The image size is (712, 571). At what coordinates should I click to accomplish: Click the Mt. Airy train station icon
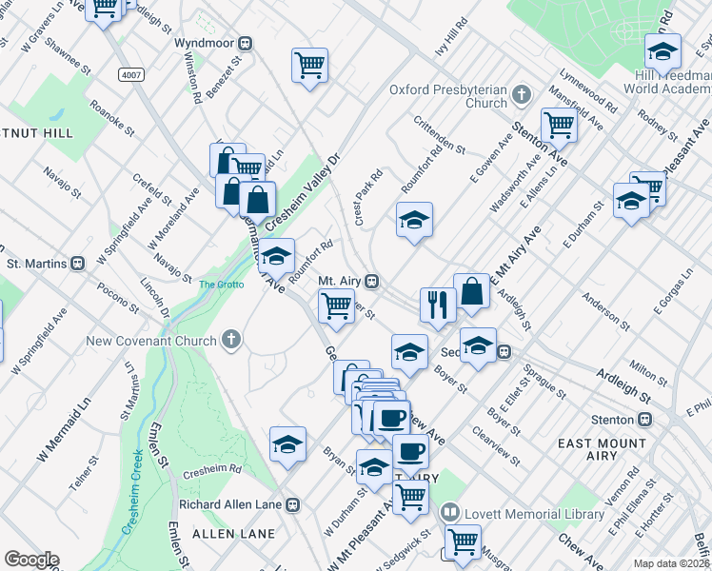[x=374, y=282]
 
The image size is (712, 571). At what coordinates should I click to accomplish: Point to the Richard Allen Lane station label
[x=232, y=504]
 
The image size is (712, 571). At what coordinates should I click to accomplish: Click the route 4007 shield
[x=131, y=73]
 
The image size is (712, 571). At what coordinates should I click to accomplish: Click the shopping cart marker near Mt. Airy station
[x=336, y=306]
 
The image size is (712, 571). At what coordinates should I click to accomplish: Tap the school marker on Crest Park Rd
[x=414, y=220]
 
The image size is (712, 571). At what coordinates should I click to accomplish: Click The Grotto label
[x=221, y=284]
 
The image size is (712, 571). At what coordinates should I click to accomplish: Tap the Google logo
[x=30, y=560]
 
